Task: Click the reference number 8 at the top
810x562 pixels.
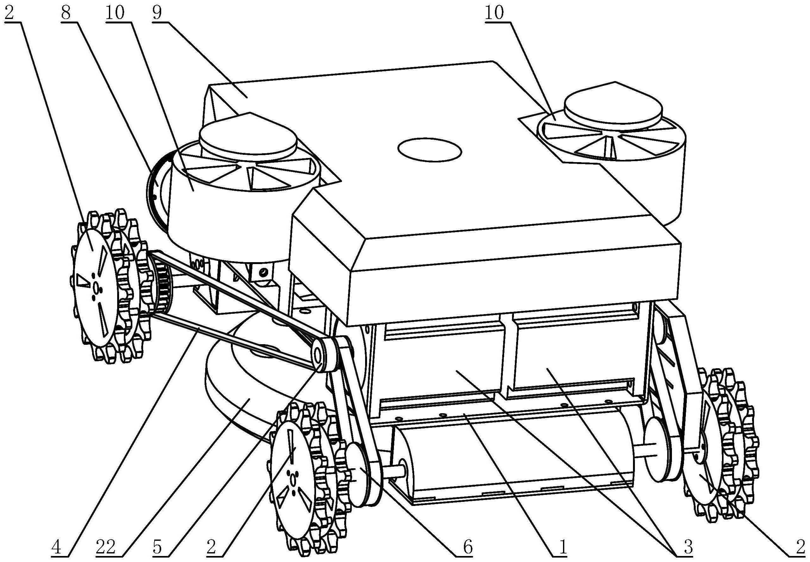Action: [x=66, y=13]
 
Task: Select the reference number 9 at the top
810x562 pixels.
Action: [x=157, y=13]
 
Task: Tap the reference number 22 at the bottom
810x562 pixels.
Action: [x=105, y=547]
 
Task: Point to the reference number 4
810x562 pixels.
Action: [x=56, y=547]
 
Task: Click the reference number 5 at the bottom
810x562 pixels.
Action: [x=157, y=547]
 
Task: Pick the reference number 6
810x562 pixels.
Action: [x=468, y=547]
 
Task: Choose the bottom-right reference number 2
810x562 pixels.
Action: [x=800, y=547]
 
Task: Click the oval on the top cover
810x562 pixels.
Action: [x=429, y=150]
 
